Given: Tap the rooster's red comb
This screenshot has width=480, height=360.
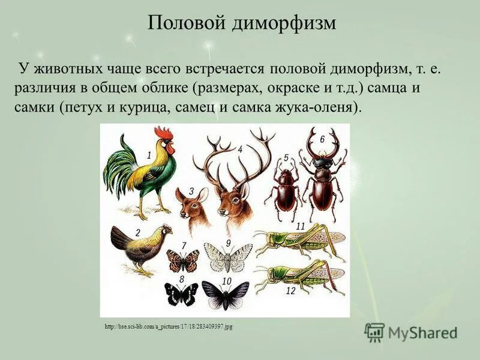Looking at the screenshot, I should coord(163,133).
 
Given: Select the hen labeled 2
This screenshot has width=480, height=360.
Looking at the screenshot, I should coord(140,247).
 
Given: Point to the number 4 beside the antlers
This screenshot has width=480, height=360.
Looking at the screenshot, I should coord(240,149).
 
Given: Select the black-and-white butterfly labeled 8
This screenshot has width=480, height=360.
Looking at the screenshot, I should coord(181,294).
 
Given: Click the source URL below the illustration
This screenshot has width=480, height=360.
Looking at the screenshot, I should coord(168,326).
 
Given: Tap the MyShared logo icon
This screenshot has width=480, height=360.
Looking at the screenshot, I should coord(374,332).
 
